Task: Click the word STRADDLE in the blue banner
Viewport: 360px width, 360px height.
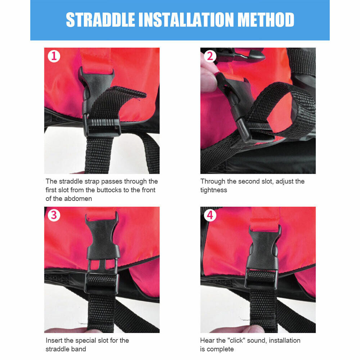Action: pyautogui.click(x=100, y=20)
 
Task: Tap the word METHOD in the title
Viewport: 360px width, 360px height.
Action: pyautogui.click(x=266, y=20)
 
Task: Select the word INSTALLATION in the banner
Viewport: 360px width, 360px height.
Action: pyautogui.click(x=186, y=20)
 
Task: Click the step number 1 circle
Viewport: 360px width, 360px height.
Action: pyautogui.click(x=54, y=56)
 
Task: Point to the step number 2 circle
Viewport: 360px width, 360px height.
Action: pyautogui.click(x=210, y=56)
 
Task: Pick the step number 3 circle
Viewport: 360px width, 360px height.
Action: pyautogui.click(x=54, y=215)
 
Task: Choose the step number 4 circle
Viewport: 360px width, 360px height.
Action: pyautogui.click(x=210, y=215)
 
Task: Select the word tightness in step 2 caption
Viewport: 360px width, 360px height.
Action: pyautogui.click(x=213, y=190)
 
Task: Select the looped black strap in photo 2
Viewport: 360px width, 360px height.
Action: pyautogui.click(x=285, y=110)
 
